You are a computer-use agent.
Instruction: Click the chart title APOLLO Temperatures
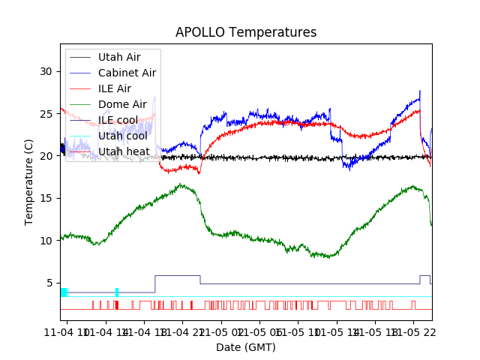coord(246,32)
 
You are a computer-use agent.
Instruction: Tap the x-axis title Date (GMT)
coord(246,347)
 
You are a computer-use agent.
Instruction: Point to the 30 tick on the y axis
coord(46,71)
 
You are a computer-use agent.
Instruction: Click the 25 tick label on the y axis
coord(46,114)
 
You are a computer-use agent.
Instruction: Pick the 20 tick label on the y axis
coord(46,156)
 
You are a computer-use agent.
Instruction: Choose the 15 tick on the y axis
coord(46,198)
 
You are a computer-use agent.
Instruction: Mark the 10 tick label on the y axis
coord(46,241)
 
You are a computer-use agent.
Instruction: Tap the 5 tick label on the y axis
coord(49,283)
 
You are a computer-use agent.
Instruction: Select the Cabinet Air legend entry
coord(127,73)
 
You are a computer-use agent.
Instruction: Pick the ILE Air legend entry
coord(114,88)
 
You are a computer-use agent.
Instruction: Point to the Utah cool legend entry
coord(122,136)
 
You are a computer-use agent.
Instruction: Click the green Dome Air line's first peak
coord(181,184)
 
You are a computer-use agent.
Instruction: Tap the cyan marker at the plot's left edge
coord(64,292)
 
